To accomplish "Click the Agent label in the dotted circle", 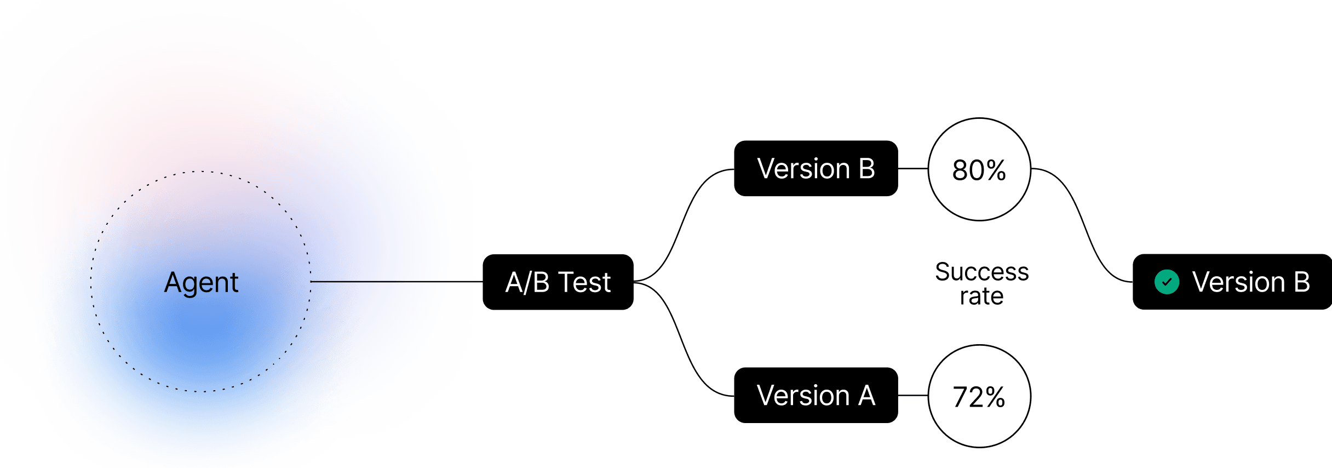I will (201, 283).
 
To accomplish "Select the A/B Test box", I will (558, 282).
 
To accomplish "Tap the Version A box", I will (815, 395).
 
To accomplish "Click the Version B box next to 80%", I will (815, 168).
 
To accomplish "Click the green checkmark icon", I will (1167, 282).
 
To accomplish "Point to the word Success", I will (981, 272).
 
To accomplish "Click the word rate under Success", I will (981, 296).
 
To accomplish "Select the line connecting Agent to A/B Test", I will (394, 282).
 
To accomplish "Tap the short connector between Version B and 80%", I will (912, 168).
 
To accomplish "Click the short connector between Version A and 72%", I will (912, 395).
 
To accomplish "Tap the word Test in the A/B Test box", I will (584, 283).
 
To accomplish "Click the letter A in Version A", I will (866, 395).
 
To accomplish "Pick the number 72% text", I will (979, 397).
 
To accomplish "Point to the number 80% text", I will (979, 170).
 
